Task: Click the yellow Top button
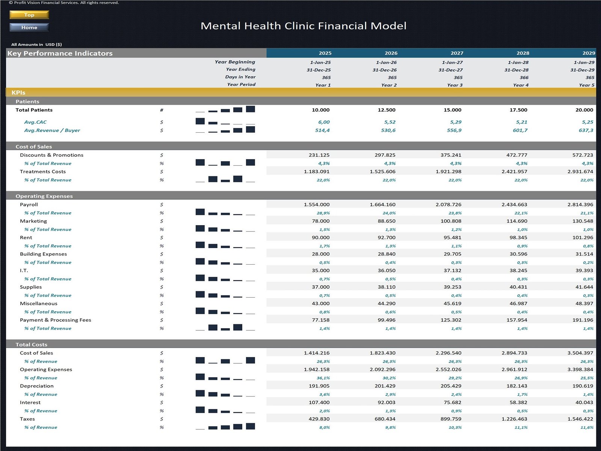(x=29, y=15)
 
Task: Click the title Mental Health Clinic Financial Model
(x=303, y=26)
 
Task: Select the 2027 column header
(x=457, y=53)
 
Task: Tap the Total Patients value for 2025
(x=320, y=110)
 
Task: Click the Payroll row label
(x=29, y=204)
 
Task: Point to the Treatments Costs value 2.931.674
(x=580, y=171)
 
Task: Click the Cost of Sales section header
(x=34, y=147)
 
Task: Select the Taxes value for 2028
(x=514, y=419)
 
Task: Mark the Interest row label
(x=30, y=402)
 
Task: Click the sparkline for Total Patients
(x=225, y=109)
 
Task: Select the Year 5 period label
(x=586, y=85)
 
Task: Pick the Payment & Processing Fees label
(x=56, y=320)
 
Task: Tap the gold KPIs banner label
(x=18, y=92)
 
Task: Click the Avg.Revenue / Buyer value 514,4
(x=322, y=130)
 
